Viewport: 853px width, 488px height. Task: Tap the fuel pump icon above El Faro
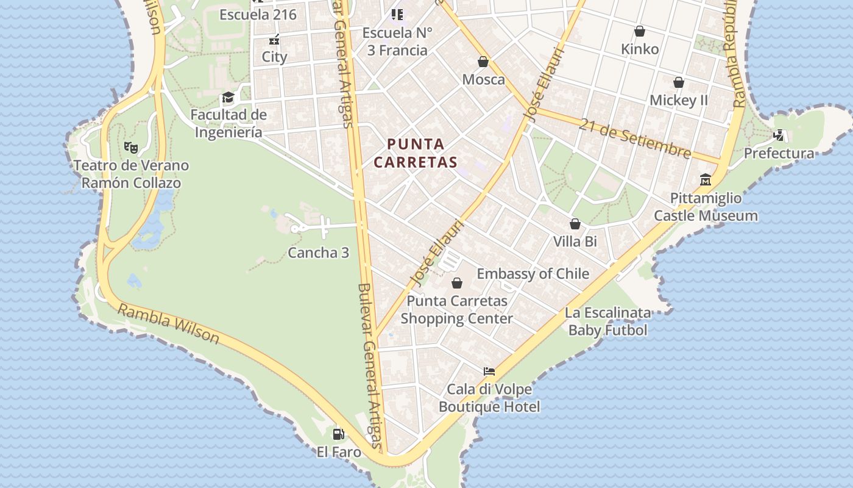click(x=338, y=434)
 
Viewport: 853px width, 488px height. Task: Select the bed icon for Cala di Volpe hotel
click(x=489, y=371)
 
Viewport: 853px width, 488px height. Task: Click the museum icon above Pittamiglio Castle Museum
click(x=706, y=180)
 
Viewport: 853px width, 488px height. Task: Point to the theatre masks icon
click(x=131, y=147)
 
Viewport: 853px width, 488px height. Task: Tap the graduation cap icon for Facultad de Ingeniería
click(x=228, y=98)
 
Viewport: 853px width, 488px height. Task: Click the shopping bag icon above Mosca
click(x=483, y=62)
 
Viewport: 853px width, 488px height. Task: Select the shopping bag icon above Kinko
click(x=640, y=31)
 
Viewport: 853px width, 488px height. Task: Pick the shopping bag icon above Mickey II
click(x=679, y=82)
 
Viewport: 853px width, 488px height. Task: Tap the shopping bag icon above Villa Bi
click(x=575, y=224)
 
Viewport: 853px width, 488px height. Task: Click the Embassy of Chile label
click(x=533, y=274)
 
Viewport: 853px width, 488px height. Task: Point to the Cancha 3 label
click(x=318, y=253)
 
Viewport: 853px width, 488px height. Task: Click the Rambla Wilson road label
click(x=168, y=324)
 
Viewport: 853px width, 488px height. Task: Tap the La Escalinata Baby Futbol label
click(x=607, y=321)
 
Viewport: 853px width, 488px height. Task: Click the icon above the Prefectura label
click(x=779, y=135)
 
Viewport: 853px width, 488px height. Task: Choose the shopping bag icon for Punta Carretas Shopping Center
click(x=456, y=283)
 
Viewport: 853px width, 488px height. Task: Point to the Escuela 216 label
click(x=258, y=15)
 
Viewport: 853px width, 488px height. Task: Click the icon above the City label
click(x=274, y=40)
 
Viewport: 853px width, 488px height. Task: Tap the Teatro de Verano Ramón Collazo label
click(x=131, y=174)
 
